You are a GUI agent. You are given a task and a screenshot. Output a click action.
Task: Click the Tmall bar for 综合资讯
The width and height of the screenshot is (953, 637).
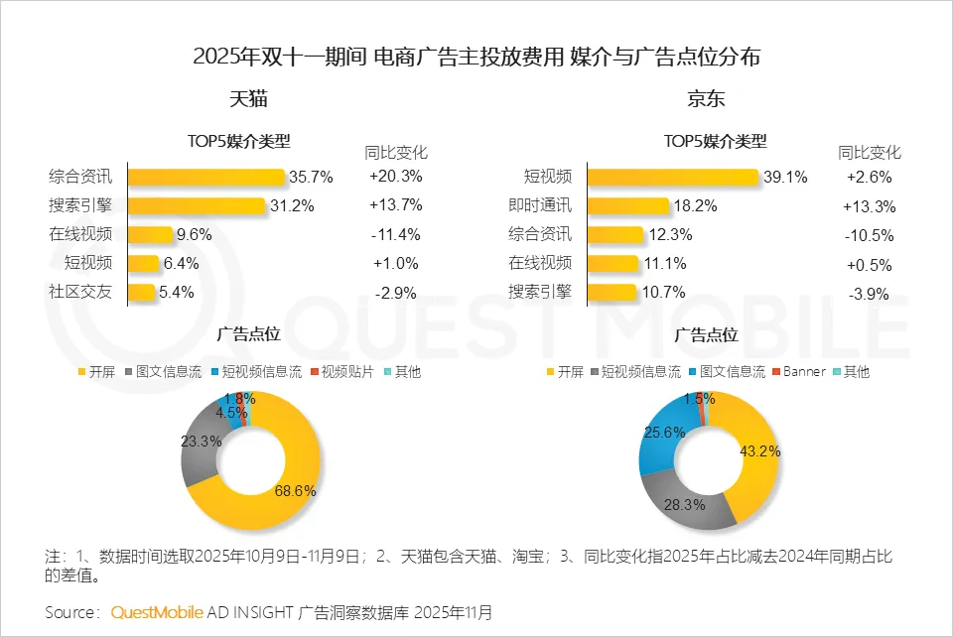[x=206, y=178]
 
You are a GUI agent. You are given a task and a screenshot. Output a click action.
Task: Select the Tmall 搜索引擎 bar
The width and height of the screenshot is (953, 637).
[x=197, y=206]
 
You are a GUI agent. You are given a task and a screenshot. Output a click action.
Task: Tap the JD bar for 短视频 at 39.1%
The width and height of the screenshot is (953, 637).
[x=672, y=178]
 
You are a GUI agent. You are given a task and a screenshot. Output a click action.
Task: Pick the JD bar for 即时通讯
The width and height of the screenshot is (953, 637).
[x=627, y=206]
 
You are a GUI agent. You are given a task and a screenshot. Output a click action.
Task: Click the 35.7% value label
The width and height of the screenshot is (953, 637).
[x=311, y=178]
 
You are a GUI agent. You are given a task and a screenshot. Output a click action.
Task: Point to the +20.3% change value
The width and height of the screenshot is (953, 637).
[x=395, y=178]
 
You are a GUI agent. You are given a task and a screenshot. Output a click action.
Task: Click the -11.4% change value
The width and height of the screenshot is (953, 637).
[x=395, y=235]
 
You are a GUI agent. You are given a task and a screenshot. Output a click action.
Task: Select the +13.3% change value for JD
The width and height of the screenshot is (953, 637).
[x=869, y=206]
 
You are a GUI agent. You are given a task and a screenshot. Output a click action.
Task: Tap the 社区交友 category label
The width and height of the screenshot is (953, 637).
[x=80, y=293]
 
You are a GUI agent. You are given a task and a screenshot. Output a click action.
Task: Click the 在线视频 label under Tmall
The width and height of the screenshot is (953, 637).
[x=80, y=235]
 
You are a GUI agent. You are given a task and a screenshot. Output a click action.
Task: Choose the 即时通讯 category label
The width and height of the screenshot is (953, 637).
[x=540, y=206]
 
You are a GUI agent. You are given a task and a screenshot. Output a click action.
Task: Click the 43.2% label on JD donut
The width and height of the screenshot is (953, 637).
[x=760, y=450]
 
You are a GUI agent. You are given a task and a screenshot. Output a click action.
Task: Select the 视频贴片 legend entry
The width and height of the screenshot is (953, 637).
[x=348, y=372]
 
